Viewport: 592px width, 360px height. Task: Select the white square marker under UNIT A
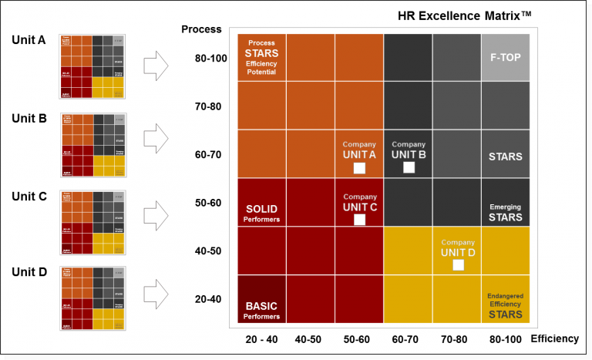tap(358, 168)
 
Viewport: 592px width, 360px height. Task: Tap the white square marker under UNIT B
tap(409, 167)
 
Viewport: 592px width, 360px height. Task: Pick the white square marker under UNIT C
tap(358, 220)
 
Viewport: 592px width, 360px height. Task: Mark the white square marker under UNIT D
tap(458, 265)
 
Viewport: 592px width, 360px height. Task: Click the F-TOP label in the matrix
tap(505, 57)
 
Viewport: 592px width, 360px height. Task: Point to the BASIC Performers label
tap(261, 310)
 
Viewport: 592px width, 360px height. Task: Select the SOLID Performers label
tap(261, 214)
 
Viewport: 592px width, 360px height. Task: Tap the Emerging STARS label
tap(505, 213)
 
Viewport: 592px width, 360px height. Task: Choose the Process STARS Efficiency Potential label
tap(261, 58)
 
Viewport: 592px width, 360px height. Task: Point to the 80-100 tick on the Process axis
tap(210, 58)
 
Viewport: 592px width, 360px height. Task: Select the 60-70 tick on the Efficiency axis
tap(409, 338)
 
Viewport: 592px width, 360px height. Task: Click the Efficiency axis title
tap(556, 338)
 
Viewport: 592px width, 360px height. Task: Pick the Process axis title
tap(201, 29)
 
